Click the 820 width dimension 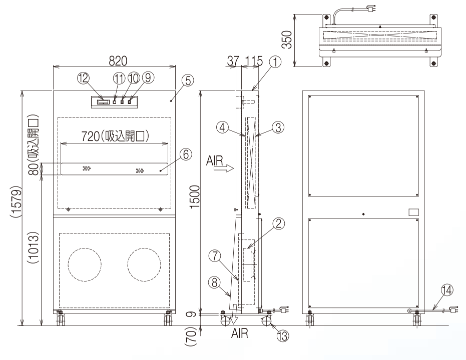(x=114, y=59)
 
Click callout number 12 (x=83, y=78)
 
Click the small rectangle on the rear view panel (x=413, y=212)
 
